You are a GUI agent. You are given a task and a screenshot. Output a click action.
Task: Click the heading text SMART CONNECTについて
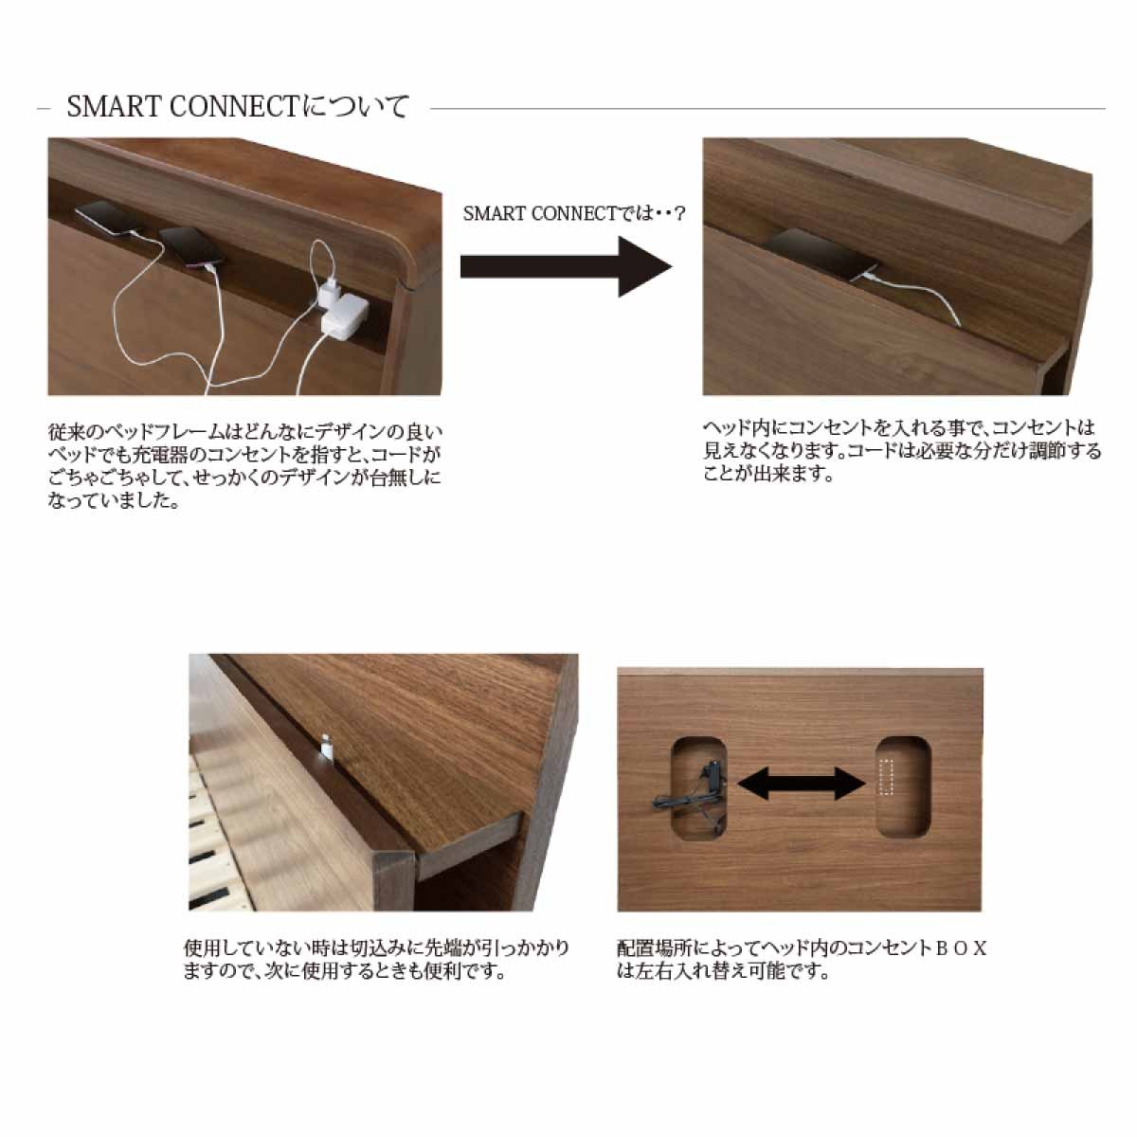point(238,107)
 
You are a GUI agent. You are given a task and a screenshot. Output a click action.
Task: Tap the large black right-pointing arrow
point(566,266)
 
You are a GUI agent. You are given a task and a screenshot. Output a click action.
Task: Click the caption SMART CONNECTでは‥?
point(573,213)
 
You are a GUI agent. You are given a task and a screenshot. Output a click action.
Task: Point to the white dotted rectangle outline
point(886,777)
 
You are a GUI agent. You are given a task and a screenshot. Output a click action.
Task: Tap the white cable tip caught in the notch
point(326,744)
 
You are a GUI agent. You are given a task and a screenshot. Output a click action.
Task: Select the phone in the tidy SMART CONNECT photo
point(821,254)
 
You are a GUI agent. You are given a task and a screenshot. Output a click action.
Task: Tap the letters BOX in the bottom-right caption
point(961,948)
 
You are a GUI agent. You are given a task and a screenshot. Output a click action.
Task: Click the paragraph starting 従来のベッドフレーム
point(244,467)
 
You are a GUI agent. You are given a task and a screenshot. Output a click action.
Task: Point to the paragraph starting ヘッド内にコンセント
point(902,451)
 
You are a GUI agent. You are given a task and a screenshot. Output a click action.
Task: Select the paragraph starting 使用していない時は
point(376,960)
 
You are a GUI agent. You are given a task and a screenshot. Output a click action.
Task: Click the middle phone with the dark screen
point(191,246)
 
